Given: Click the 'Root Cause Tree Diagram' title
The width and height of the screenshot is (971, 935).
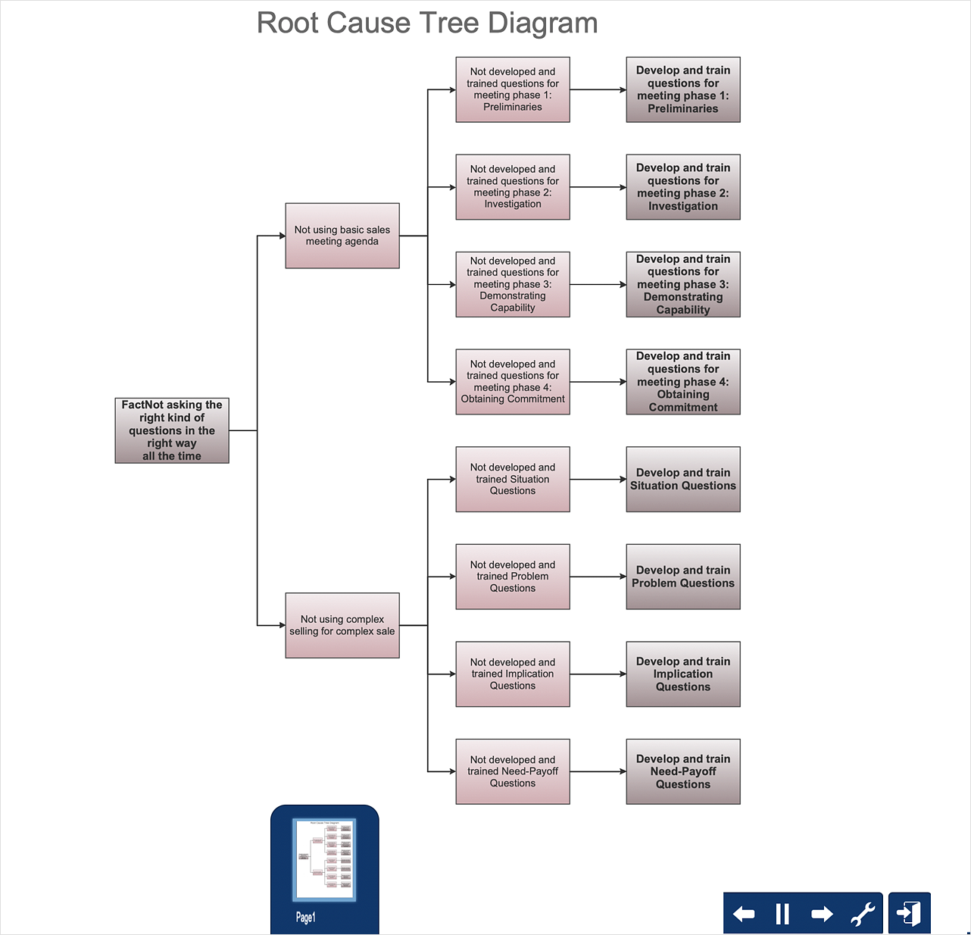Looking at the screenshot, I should (427, 23).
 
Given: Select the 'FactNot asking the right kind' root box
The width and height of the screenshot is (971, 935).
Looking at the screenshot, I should (172, 430).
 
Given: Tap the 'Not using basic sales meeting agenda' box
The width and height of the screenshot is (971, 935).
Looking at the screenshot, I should (342, 236).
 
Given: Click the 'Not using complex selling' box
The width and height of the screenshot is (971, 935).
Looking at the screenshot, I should (342, 625).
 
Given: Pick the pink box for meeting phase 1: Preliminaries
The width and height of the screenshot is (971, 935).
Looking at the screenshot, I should (513, 89).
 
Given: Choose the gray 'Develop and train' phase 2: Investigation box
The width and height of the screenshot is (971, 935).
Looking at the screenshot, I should (683, 187).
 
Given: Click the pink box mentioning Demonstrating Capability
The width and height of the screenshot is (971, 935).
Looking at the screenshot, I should (513, 284).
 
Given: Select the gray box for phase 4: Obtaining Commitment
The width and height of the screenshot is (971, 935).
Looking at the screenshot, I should (683, 382).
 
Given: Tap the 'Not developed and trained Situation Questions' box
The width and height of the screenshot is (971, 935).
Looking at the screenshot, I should (513, 479).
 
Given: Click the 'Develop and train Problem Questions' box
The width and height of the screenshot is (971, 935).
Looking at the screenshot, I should (683, 577).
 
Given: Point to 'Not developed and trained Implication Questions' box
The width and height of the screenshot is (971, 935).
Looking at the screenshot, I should (513, 674).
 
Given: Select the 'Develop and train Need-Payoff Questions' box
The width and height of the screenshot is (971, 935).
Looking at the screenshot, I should (683, 771).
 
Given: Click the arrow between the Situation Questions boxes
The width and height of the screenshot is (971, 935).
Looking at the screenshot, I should (598, 480).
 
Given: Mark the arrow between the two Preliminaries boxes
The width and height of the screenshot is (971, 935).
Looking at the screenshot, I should (598, 90).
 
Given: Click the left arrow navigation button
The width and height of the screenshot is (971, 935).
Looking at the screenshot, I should (744, 914).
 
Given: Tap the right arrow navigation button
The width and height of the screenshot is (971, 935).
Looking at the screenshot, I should (822, 914).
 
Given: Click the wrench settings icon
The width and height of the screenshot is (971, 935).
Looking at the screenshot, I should (862, 914).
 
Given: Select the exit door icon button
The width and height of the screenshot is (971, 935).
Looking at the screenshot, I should (910, 913).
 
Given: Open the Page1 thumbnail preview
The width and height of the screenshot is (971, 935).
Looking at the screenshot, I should (324, 859).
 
